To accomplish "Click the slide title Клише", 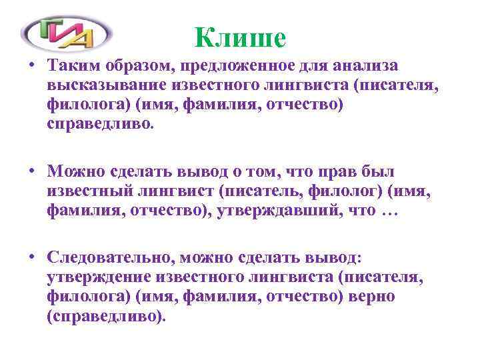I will point(241,37).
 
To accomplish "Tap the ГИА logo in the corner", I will point(67,31).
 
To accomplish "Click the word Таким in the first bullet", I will point(72,65).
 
